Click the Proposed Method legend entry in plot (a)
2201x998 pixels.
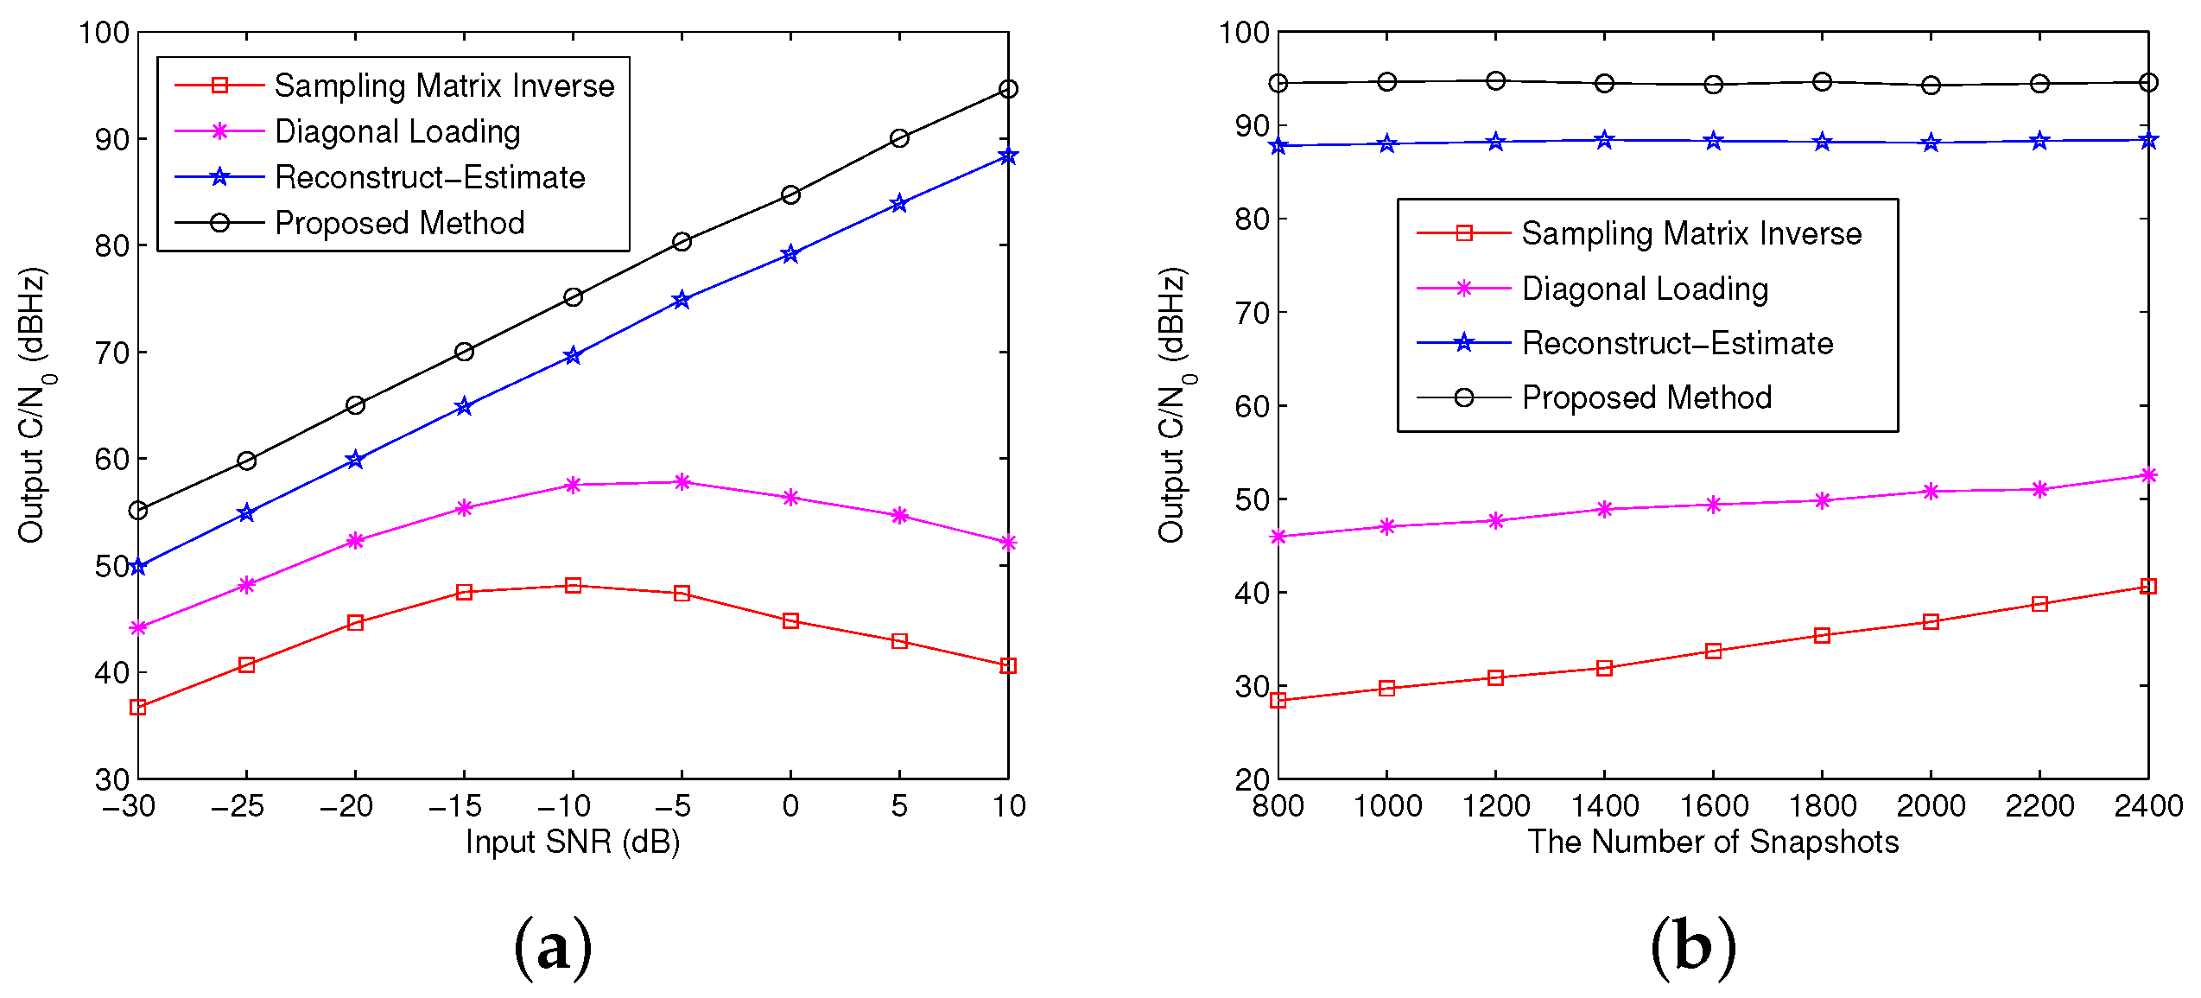tap(399, 223)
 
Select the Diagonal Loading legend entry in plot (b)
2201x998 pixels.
tap(1645, 289)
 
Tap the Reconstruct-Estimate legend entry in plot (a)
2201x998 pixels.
tap(429, 177)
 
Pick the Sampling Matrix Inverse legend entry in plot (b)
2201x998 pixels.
tap(1690, 233)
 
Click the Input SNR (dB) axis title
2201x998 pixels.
tap(573, 842)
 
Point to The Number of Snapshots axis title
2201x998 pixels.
tap(1713, 842)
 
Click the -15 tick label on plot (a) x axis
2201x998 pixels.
tap(455, 806)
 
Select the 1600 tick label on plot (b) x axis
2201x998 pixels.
tap(1713, 806)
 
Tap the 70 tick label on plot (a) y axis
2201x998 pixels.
tap(111, 353)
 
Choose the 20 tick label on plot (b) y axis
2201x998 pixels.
tap(1252, 779)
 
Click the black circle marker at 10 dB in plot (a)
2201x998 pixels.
tap(1008, 89)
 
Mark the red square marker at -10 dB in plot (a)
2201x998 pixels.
tap(573, 586)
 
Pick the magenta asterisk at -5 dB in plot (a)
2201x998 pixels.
tap(682, 482)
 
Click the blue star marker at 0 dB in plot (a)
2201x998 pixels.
tap(790, 254)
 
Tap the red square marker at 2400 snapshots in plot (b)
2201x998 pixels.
tap(2148, 587)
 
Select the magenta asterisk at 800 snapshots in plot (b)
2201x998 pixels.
tap(1278, 537)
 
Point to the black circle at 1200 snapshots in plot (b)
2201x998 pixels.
tap(1496, 81)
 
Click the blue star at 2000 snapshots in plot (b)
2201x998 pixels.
tap(1931, 143)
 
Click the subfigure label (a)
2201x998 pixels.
tap(553, 949)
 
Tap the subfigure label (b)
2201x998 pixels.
tap(1692, 949)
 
